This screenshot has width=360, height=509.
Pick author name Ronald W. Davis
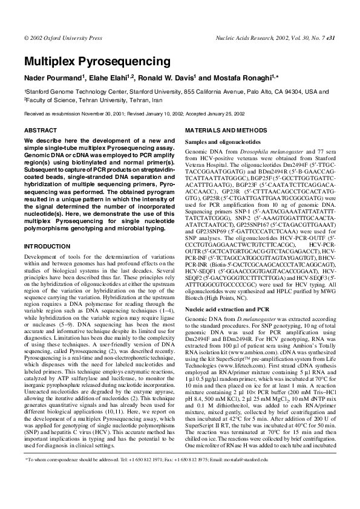168,78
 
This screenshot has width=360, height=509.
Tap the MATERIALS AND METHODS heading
224,131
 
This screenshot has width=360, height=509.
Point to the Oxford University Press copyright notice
63,37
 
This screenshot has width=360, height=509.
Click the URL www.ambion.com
237,351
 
